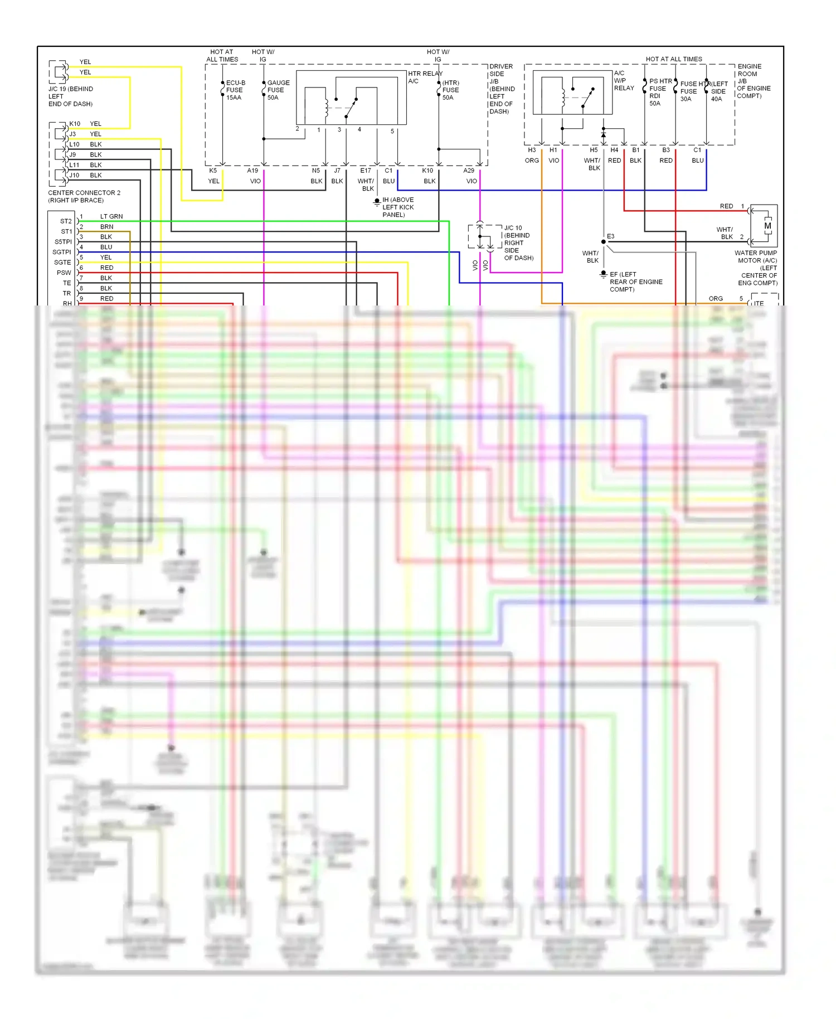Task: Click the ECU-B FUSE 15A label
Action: (x=235, y=90)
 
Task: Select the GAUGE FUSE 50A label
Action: (x=278, y=90)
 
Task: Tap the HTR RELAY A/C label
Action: (x=425, y=77)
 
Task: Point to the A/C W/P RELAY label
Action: (x=624, y=80)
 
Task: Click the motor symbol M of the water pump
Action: (x=767, y=226)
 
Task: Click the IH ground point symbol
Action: (x=377, y=201)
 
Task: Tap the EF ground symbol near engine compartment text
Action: (x=603, y=274)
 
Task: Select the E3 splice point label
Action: (x=611, y=236)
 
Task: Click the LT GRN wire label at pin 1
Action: (x=111, y=216)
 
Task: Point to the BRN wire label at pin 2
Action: (x=106, y=227)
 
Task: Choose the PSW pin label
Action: (x=64, y=273)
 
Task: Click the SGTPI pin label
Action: (x=62, y=252)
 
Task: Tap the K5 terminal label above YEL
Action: (x=213, y=171)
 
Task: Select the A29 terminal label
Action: (x=469, y=171)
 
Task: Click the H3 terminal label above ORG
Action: (x=532, y=150)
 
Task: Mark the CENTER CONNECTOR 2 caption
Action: (x=84, y=196)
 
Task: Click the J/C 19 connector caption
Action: (x=70, y=96)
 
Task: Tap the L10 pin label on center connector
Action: (x=74, y=144)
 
